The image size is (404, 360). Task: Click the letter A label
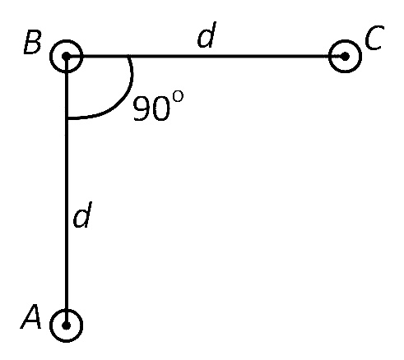(x=31, y=316)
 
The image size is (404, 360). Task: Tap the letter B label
(x=33, y=42)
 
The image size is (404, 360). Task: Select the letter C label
(x=374, y=38)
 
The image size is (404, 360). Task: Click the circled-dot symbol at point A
(x=66, y=325)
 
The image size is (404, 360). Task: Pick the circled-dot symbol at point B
(x=66, y=57)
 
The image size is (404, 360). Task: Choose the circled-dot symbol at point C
(x=345, y=57)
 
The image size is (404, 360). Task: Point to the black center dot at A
(x=66, y=325)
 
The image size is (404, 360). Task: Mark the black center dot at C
(x=345, y=57)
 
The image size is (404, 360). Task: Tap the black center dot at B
(x=66, y=57)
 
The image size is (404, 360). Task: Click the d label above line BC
(x=207, y=35)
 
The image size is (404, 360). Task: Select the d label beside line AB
(x=82, y=215)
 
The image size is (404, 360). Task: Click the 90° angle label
(x=158, y=106)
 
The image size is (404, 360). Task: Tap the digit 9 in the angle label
(x=142, y=108)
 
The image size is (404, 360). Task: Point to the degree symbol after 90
(x=178, y=97)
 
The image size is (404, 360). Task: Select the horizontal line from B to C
(x=206, y=57)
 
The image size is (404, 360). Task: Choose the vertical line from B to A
(x=66, y=191)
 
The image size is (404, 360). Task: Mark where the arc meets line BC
(x=129, y=57)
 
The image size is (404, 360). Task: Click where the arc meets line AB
(x=67, y=118)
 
